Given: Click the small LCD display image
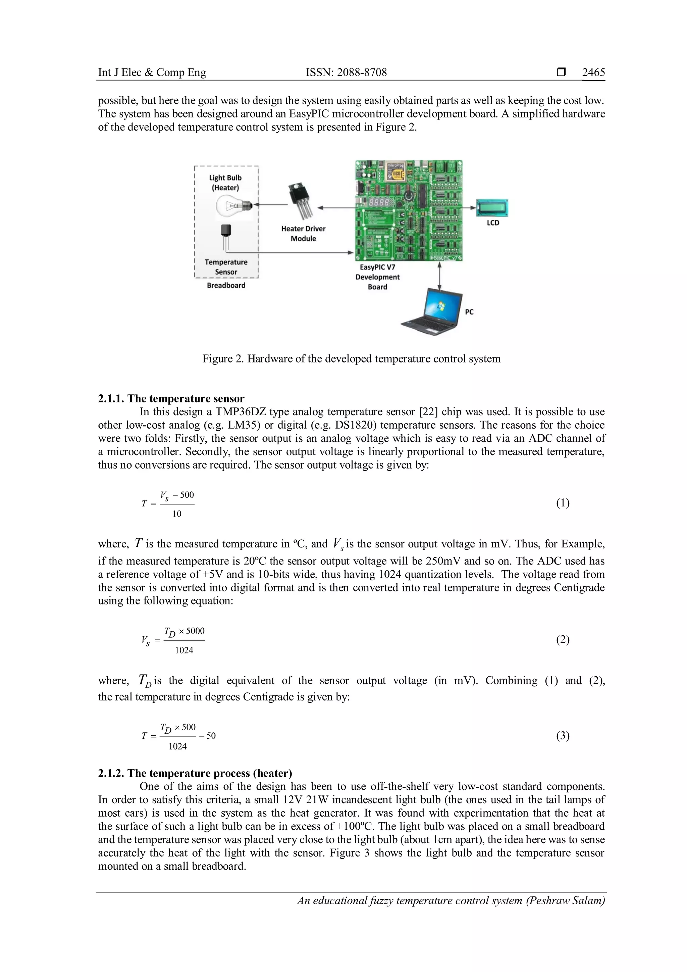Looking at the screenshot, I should (492, 208).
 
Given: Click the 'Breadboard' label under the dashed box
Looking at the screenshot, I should (226, 285).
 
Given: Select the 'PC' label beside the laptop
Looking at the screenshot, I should (469, 312).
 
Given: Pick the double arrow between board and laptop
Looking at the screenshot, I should (439, 275).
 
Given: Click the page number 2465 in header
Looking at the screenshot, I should (593, 72).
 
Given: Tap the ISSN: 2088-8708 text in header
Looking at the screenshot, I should (346, 72).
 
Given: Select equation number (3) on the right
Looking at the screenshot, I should (563, 736).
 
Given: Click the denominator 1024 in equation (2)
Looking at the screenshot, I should (184, 650).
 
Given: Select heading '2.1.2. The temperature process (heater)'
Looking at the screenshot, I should (195, 773).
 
